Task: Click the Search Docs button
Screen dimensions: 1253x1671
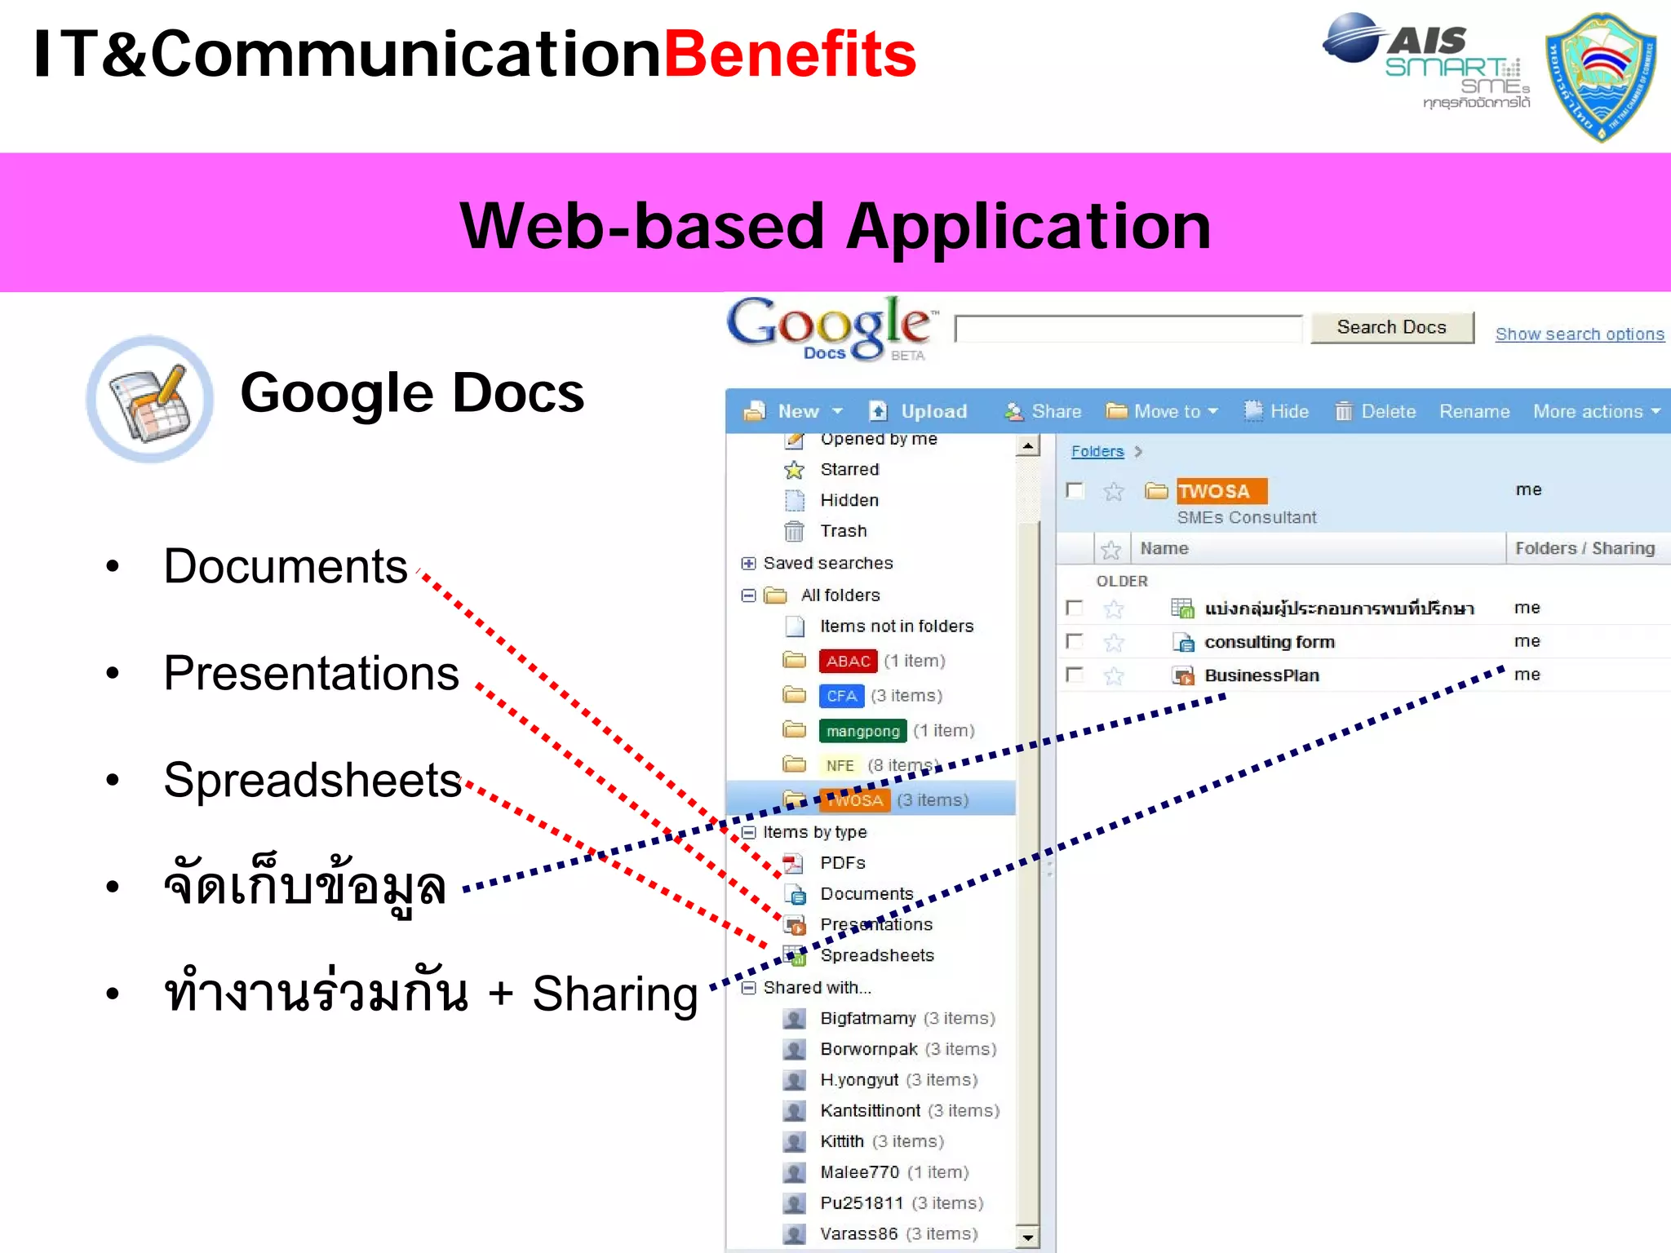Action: (x=1391, y=328)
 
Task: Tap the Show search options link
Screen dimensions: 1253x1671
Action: (x=1579, y=334)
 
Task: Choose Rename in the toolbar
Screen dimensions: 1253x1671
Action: (x=1474, y=411)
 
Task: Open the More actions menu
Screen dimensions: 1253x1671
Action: (x=1596, y=411)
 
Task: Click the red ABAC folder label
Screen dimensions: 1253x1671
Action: (x=848, y=661)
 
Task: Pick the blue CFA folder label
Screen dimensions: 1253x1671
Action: (x=841, y=696)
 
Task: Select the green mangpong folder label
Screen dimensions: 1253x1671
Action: (x=862, y=731)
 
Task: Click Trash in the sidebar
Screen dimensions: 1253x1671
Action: (x=843, y=531)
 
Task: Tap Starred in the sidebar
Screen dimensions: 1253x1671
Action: (x=849, y=469)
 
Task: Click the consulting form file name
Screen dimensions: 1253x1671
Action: (x=1269, y=642)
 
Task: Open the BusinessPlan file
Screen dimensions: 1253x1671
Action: (x=1261, y=675)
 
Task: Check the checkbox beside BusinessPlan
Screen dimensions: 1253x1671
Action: (x=1075, y=675)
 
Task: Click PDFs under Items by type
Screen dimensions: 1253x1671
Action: (x=842, y=862)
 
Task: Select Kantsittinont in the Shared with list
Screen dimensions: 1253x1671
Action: (x=870, y=1110)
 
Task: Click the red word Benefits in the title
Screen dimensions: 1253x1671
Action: (x=790, y=55)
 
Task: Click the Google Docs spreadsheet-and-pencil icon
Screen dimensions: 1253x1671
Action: (x=150, y=400)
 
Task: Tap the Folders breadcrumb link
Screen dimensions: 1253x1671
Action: (x=1097, y=451)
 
